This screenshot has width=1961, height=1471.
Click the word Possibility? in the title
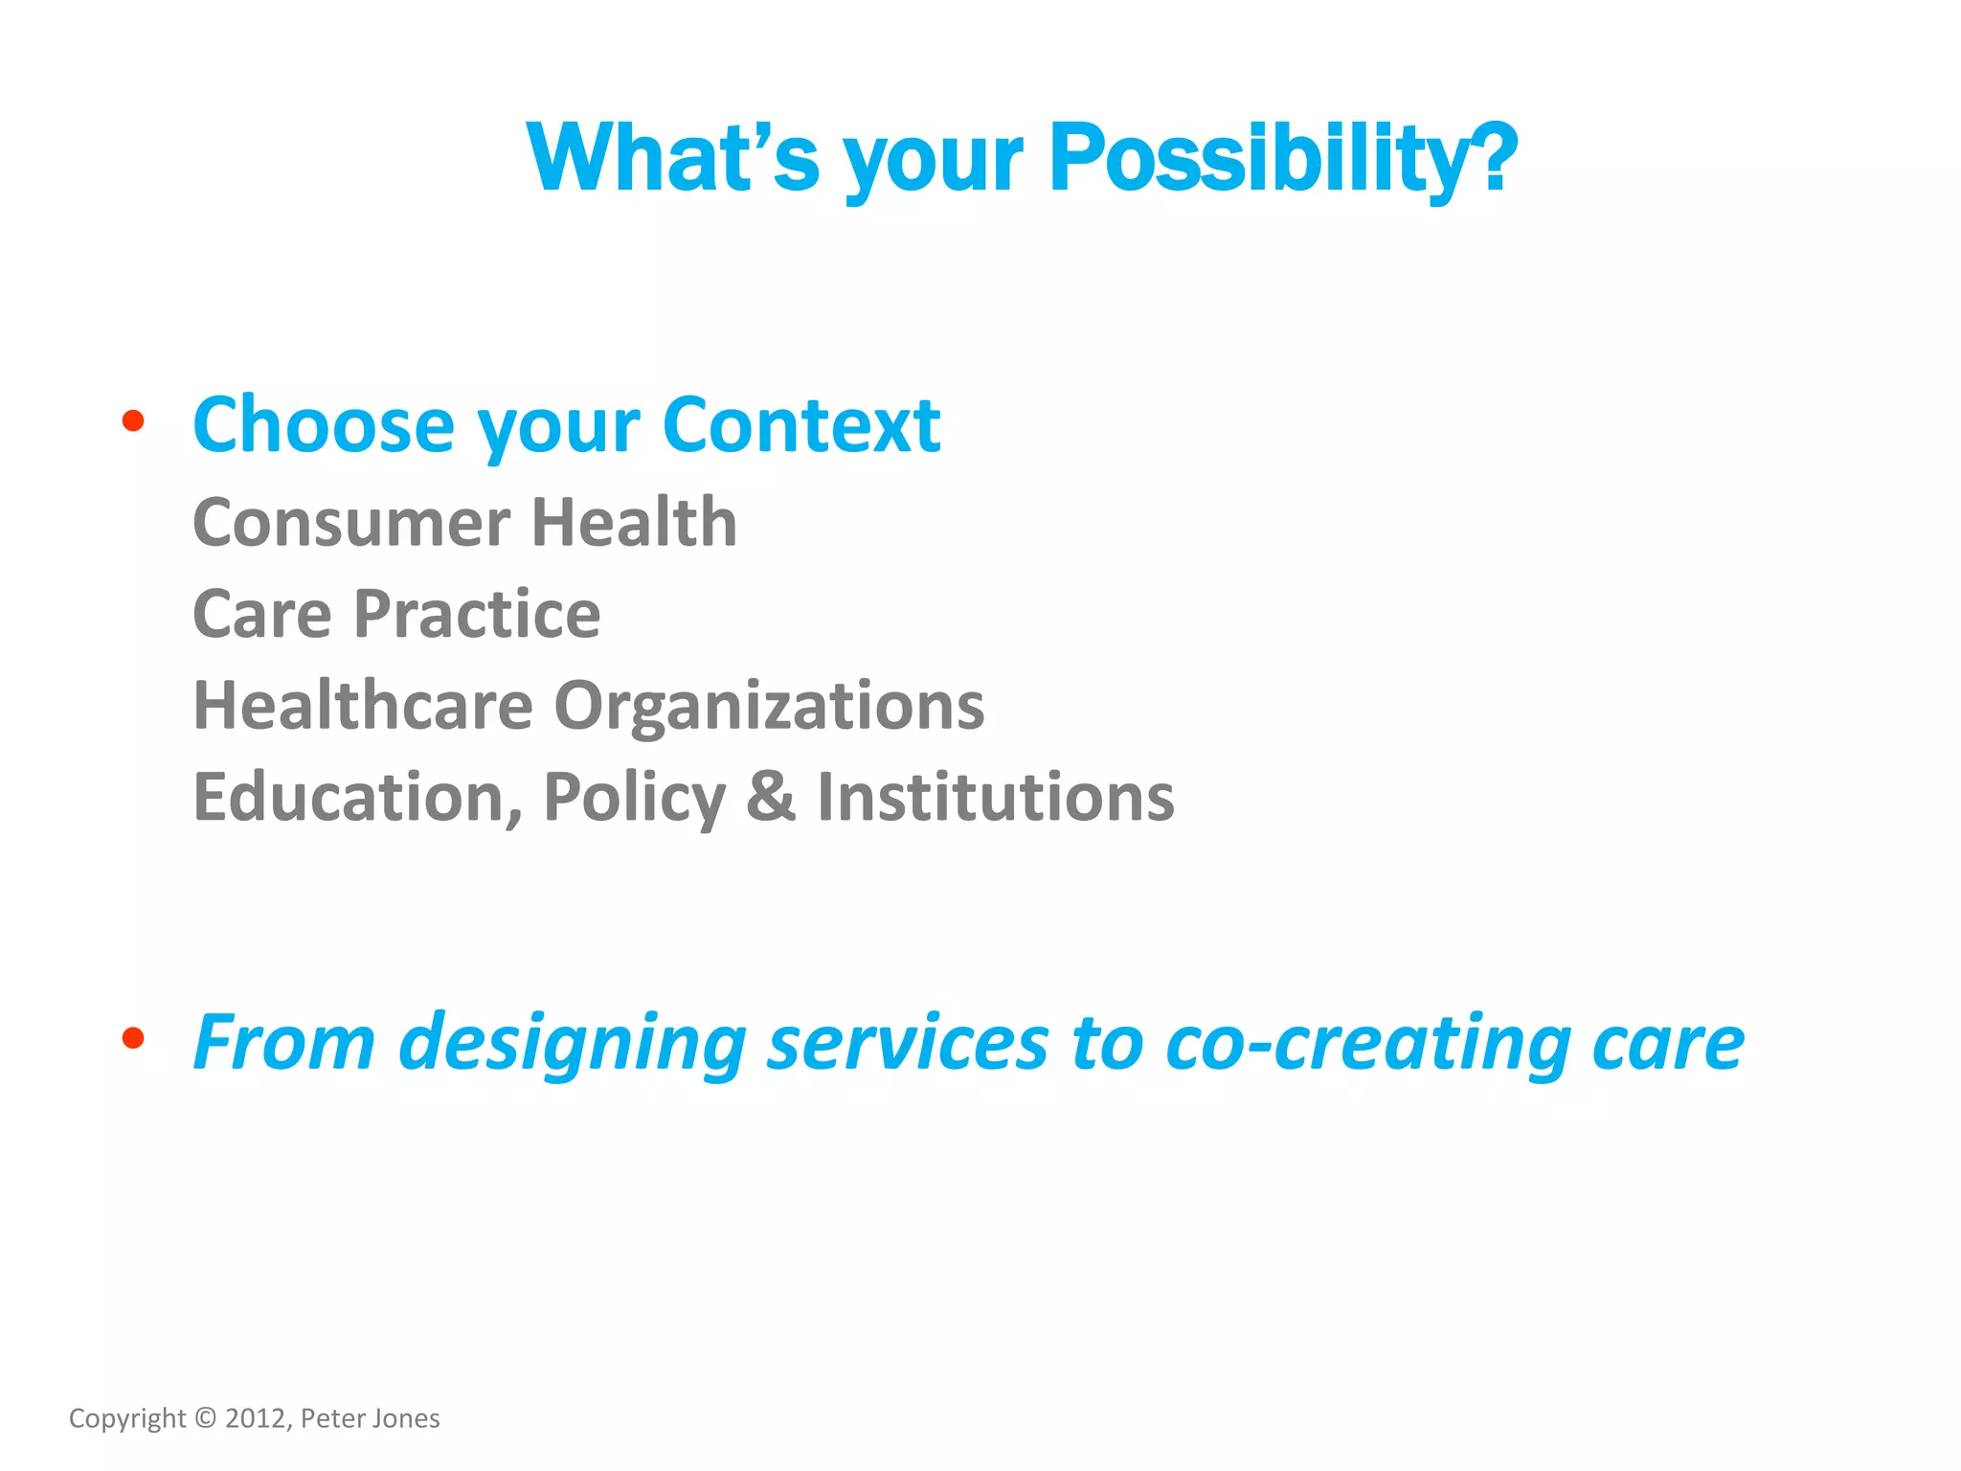point(1283,158)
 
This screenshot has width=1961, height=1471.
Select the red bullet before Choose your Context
point(133,420)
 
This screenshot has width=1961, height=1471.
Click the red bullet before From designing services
point(133,1038)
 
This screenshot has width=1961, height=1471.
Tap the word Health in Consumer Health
point(634,523)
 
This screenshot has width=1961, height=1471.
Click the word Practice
point(477,614)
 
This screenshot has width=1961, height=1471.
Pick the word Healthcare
point(363,706)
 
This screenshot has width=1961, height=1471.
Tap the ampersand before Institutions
point(771,797)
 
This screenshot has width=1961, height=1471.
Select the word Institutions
point(995,797)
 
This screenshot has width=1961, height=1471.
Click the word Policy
point(634,799)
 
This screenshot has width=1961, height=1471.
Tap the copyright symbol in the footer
point(206,1417)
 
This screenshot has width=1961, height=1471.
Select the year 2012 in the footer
point(256,1418)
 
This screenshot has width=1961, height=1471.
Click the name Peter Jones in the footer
point(370,1418)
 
